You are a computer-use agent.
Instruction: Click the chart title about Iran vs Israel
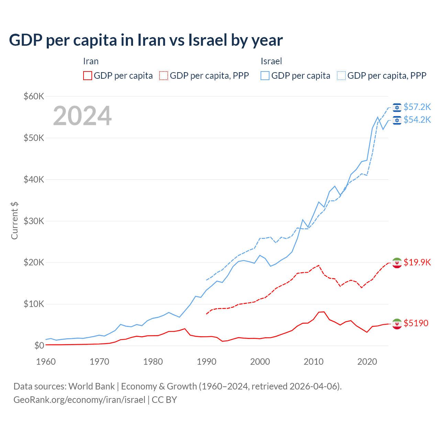pos(146,40)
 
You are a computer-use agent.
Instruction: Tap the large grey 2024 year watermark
pos(82,116)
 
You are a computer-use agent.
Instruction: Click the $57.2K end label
pos(417,107)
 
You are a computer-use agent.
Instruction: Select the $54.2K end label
pos(417,120)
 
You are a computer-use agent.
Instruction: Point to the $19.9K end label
pos(417,262)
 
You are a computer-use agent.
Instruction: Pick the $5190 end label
pos(416,323)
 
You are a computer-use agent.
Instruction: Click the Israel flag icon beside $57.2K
pos(397,107)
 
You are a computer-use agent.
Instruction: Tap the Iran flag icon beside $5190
pos(397,323)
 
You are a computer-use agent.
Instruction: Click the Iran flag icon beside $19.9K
pos(397,263)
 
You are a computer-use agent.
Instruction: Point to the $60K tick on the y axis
pos(34,96)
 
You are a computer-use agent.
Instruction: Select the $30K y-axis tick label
pos(34,221)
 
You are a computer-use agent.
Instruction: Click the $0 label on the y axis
pos(39,346)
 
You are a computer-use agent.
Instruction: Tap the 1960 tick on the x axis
pos(46,362)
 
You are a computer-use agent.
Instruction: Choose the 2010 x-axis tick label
pos(313,362)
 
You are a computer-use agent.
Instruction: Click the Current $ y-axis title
pos(14,221)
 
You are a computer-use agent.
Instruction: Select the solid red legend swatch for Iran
pos(88,76)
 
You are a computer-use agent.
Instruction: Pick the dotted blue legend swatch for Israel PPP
pos(341,76)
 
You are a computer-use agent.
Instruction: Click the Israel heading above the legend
pos(271,61)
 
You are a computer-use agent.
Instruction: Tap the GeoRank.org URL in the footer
pos(79,399)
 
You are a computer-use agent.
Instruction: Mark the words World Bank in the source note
pos(91,386)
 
